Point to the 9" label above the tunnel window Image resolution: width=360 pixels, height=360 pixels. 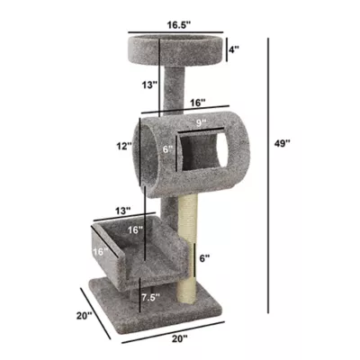click(201, 122)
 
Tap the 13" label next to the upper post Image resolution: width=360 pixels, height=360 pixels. click(148, 85)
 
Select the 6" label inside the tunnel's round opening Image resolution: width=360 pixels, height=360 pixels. click(166, 151)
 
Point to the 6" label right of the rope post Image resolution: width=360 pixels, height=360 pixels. click(206, 258)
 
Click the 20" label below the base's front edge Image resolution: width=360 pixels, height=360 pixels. click(178, 338)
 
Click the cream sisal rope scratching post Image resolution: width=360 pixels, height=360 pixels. click(188, 243)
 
